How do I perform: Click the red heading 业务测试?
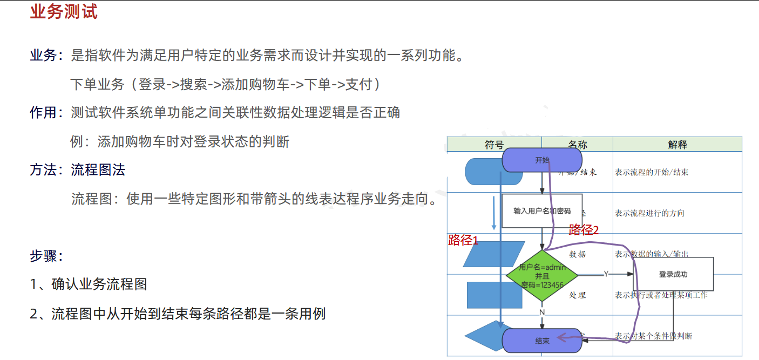point(64,12)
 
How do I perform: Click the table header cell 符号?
point(494,145)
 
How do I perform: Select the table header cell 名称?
point(577,145)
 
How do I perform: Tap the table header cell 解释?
point(677,145)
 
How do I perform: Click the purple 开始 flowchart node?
point(542,160)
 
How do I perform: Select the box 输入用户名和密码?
point(542,211)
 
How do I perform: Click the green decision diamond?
point(542,275)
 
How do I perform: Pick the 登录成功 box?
point(673,274)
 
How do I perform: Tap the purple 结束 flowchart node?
point(542,341)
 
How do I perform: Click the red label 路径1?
point(463,241)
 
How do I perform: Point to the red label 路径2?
point(584,230)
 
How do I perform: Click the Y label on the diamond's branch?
point(606,274)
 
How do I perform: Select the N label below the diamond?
point(542,312)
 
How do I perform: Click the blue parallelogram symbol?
point(494,254)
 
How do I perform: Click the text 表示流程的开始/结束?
point(652,173)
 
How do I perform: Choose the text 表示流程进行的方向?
point(649,213)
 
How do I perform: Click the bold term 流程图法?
point(98,170)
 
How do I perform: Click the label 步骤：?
point(47,256)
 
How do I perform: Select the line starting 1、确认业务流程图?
point(89,284)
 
